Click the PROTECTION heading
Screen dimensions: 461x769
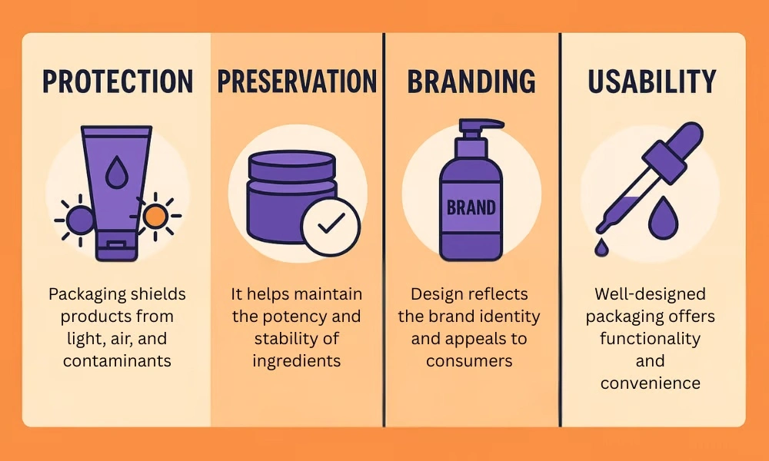118,81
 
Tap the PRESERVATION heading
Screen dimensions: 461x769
297,81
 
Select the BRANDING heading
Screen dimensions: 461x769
471,81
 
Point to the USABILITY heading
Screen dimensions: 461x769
652,81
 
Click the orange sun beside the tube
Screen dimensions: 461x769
156,217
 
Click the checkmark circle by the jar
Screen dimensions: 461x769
330,225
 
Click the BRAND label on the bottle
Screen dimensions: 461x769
471,207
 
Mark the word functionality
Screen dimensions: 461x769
651,339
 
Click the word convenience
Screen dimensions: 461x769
651,383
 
